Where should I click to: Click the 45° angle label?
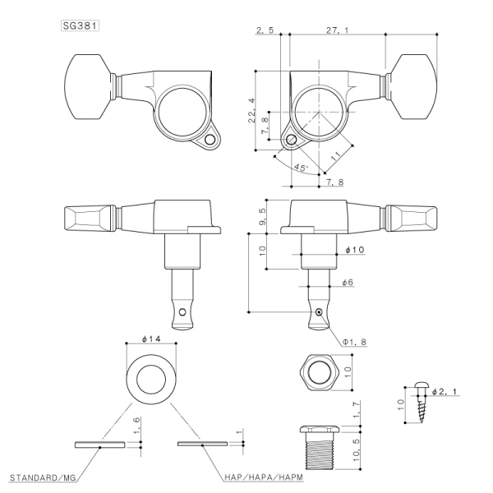[300, 168]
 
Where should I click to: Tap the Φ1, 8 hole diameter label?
[355, 340]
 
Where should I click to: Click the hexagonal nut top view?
[316, 371]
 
